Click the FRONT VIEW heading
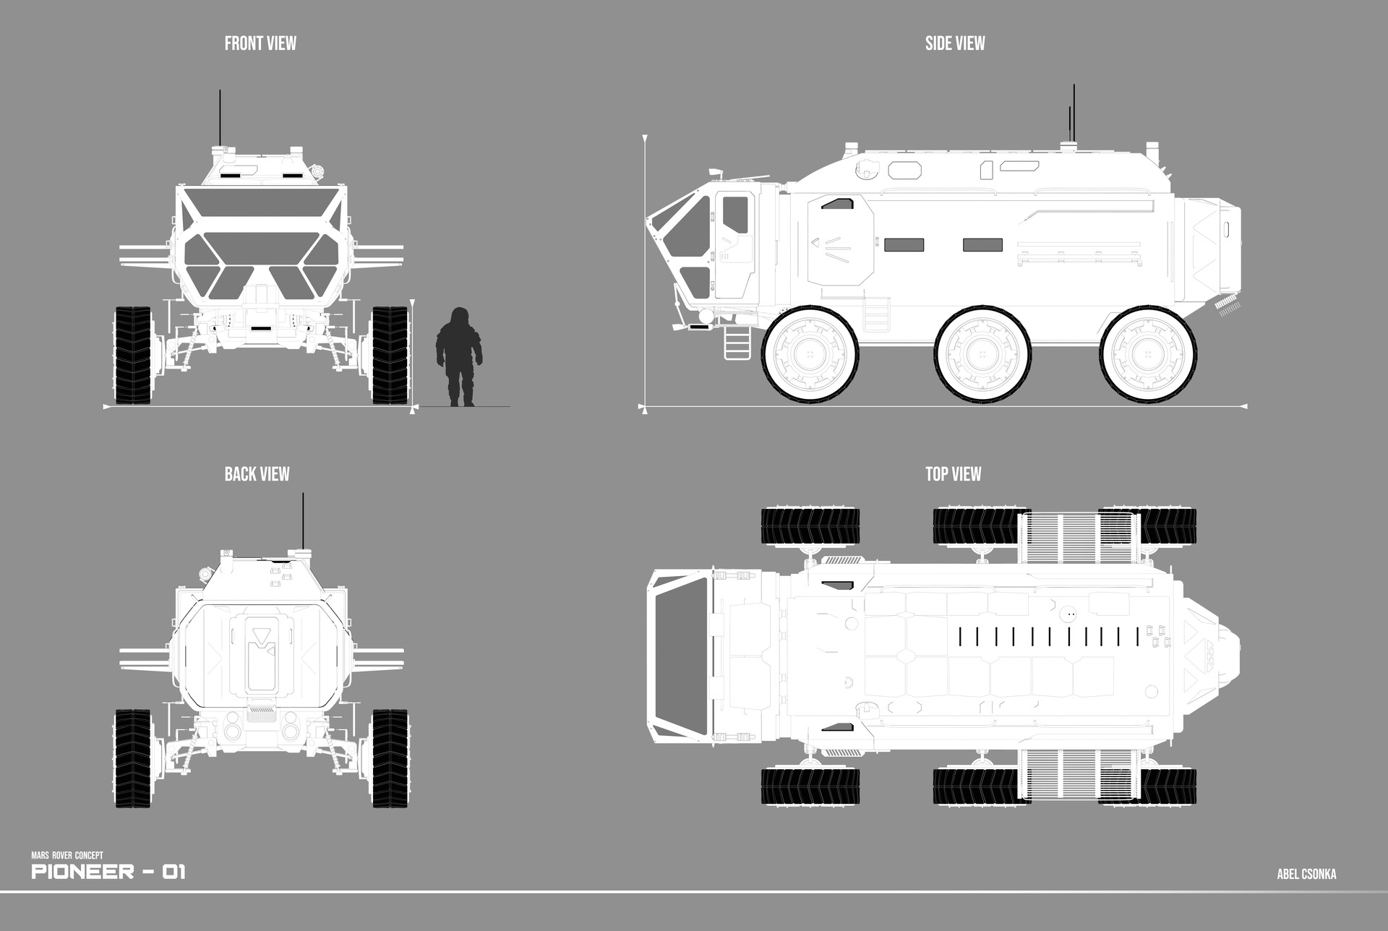coord(260,43)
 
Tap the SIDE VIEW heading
coord(954,43)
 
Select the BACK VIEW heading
coord(257,474)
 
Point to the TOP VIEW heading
coord(953,474)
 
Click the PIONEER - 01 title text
coord(108,872)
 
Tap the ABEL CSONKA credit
coord(1306,875)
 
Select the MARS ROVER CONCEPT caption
coord(67,856)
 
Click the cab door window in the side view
coord(735,215)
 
